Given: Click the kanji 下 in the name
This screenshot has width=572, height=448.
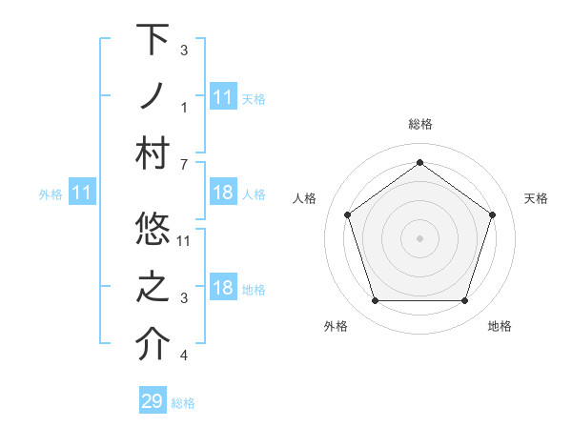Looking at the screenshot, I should pyautogui.click(x=153, y=40).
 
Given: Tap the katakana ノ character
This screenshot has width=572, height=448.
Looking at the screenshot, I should pyautogui.click(x=153, y=96).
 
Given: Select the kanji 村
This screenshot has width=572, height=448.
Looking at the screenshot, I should pyautogui.click(x=153, y=153).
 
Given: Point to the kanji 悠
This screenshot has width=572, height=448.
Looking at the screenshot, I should pyautogui.click(x=153, y=229).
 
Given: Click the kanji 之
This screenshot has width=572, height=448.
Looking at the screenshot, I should pyautogui.click(x=153, y=287).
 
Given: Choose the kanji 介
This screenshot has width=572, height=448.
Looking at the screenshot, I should pyautogui.click(x=153, y=344).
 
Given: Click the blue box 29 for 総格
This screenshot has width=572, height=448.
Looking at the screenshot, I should pyautogui.click(x=153, y=401).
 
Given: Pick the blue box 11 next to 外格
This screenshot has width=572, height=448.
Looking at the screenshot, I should pyautogui.click(x=81, y=193).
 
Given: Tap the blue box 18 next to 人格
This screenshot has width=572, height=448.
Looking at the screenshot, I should pyautogui.click(x=223, y=193).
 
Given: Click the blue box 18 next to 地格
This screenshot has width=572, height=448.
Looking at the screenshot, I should pyautogui.click(x=223, y=289).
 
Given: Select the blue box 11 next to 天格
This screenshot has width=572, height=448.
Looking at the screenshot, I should pyautogui.click(x=223, y=96).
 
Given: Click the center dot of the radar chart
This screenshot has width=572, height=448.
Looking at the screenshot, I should pyautogui.click(x=419, y=237).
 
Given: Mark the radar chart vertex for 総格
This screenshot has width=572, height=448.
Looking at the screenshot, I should pyautogui.click(x=419, y=162).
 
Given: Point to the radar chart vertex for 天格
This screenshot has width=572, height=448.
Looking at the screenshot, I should pyautogui.click(x=492, y=214).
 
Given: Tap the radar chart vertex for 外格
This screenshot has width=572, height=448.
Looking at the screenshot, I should pyautogui.click(x=375, y=301).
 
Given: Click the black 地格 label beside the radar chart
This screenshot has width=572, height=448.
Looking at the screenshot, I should pyautogui.click(x=500, y=326).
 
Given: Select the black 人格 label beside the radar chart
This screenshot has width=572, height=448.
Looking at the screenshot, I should pyautogui.click(x=305, y=198).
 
